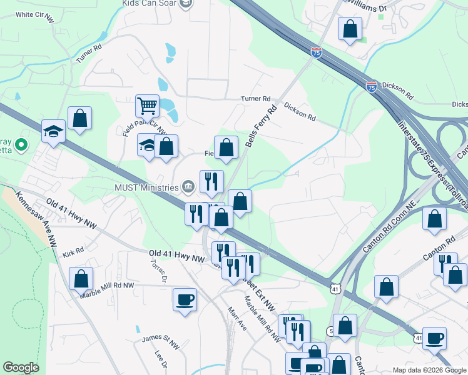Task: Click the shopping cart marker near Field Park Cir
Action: coord(148,106)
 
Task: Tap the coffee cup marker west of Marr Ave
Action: coord(185,299)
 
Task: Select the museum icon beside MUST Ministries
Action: coord(188,186)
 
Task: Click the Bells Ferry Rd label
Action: coord(262,127)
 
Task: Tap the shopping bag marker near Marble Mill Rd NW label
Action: coord(81,279)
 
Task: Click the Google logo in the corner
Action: coord(21,367)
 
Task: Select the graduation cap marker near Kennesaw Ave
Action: coord(53,131)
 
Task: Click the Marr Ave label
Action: coord(236,318)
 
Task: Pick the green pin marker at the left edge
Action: coord(21,146)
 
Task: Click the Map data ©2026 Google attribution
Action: coord(429,369)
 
